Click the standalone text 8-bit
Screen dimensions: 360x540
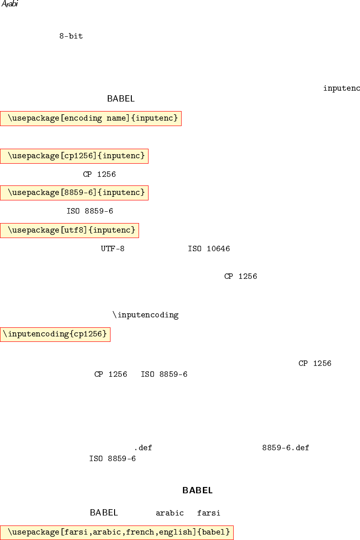(71, 36)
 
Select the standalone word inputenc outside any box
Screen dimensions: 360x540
(341, 88)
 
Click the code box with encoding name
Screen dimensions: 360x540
(91, 118)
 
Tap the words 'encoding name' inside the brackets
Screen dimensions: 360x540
(92, 118)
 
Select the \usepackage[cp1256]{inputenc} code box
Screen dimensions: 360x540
(74, 156)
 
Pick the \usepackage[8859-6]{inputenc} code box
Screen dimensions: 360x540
(74, 193)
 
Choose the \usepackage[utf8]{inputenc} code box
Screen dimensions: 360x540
(69, 230)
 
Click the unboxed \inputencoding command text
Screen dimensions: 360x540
(145, 315)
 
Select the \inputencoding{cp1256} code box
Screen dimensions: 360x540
(55, 335)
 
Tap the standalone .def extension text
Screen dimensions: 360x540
(143, 448)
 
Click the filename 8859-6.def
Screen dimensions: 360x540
(285, 448)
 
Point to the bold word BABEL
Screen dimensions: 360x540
(197, 490)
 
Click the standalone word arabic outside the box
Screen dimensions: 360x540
(170, 513)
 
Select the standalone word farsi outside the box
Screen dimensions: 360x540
(209, 513)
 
